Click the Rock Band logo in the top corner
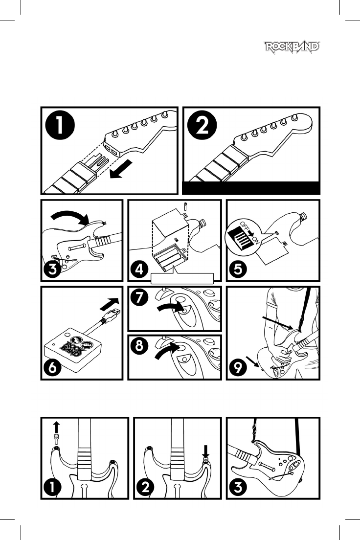(292, 47)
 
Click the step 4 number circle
(139, 269)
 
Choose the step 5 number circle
(238, 269)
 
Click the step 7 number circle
(139, 297)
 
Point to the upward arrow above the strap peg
(57, 427)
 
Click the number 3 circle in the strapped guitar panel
(238, 487)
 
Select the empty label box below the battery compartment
(182, 278)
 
